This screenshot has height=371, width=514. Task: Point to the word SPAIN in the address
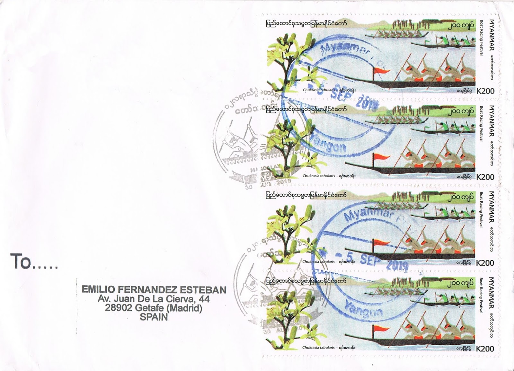[x=154, y=317]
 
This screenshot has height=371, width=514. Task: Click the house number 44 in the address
[x=202, y=299]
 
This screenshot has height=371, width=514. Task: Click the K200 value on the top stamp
[x=485, y=91]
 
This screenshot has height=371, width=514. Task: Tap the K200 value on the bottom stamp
[x=485, y=349]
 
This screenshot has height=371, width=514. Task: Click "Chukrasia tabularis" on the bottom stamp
[x=319, y=348]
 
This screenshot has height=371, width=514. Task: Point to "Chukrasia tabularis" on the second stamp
[x=319, y=176]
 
